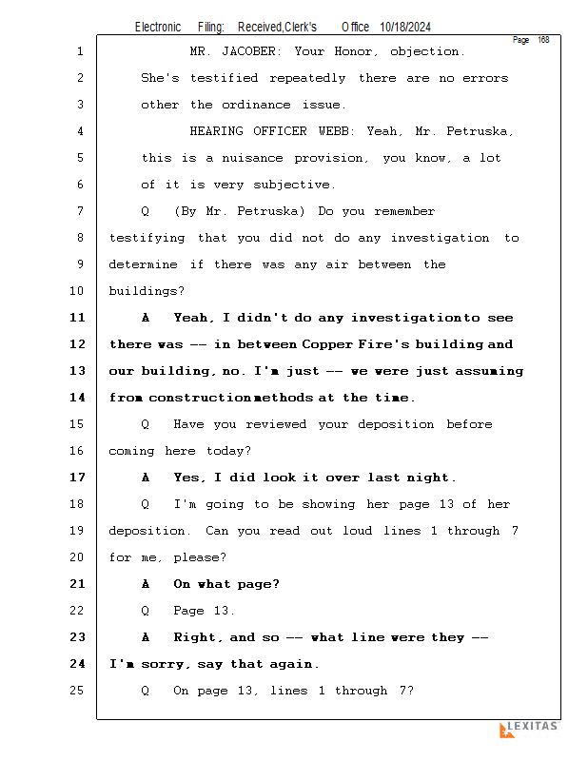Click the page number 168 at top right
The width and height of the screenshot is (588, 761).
(543, 40)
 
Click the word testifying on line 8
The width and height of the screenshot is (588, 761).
(149, 238)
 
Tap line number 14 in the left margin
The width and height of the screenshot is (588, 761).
(78, 398)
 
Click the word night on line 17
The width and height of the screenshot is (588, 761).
(430, 478)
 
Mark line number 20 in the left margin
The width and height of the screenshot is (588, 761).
(78, 557)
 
